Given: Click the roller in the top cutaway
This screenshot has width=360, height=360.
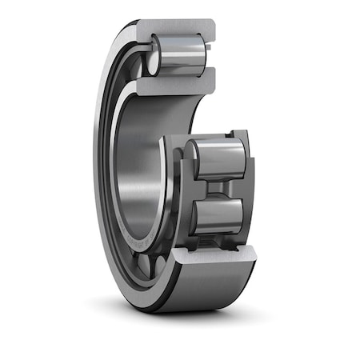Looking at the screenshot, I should [x=180, y=54].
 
